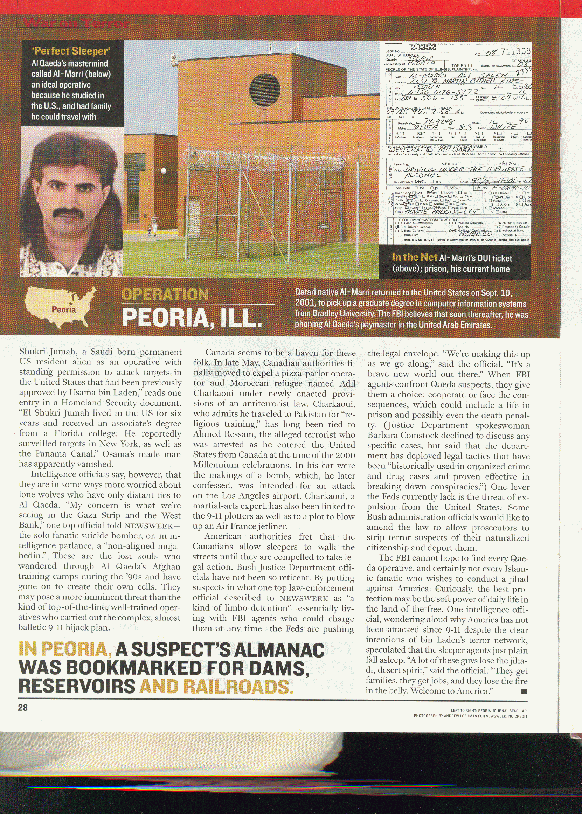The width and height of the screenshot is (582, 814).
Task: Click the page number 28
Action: pos(22,708)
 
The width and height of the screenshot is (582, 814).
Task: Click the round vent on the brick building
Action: pos(265,90)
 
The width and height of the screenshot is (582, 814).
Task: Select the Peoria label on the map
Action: pos(64,309)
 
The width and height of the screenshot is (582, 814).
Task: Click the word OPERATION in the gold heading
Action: pos(165,294)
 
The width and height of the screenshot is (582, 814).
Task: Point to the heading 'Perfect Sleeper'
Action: pos(71,51)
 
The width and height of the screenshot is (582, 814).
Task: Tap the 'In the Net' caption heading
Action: pos(414,257)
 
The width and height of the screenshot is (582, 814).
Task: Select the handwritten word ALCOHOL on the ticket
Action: pos(423,175)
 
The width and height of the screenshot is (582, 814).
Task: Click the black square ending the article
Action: pos(524,691)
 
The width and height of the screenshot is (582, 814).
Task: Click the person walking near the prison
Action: pos(155,224)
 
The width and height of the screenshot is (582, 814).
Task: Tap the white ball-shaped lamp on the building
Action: pos(164,171)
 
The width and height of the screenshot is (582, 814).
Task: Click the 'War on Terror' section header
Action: pos(75,23)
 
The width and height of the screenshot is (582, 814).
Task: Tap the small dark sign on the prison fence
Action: pos(321,225)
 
